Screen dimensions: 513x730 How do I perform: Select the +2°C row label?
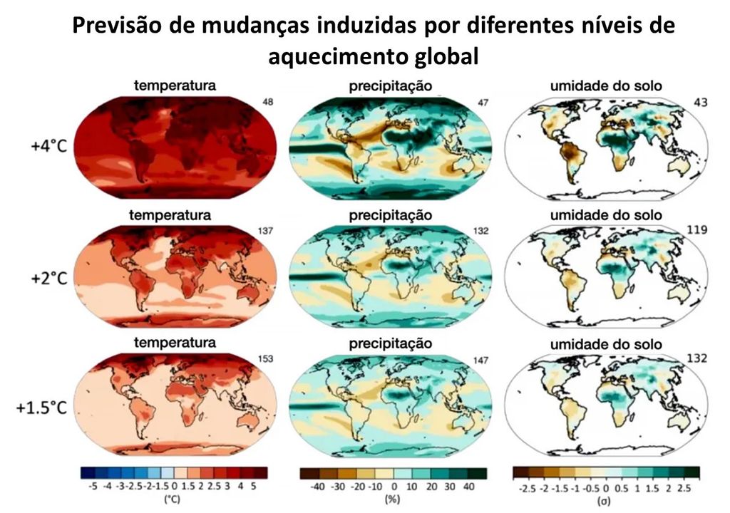click(45, 278)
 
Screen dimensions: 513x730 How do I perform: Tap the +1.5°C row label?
click(40, 408)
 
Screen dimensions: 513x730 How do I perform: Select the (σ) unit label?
click(606, 499)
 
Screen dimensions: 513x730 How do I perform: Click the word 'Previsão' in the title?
click(123, 27)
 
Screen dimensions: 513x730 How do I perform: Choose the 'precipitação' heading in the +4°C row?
click(390, 86)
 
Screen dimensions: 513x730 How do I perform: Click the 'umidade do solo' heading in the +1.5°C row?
click(606, 344)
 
